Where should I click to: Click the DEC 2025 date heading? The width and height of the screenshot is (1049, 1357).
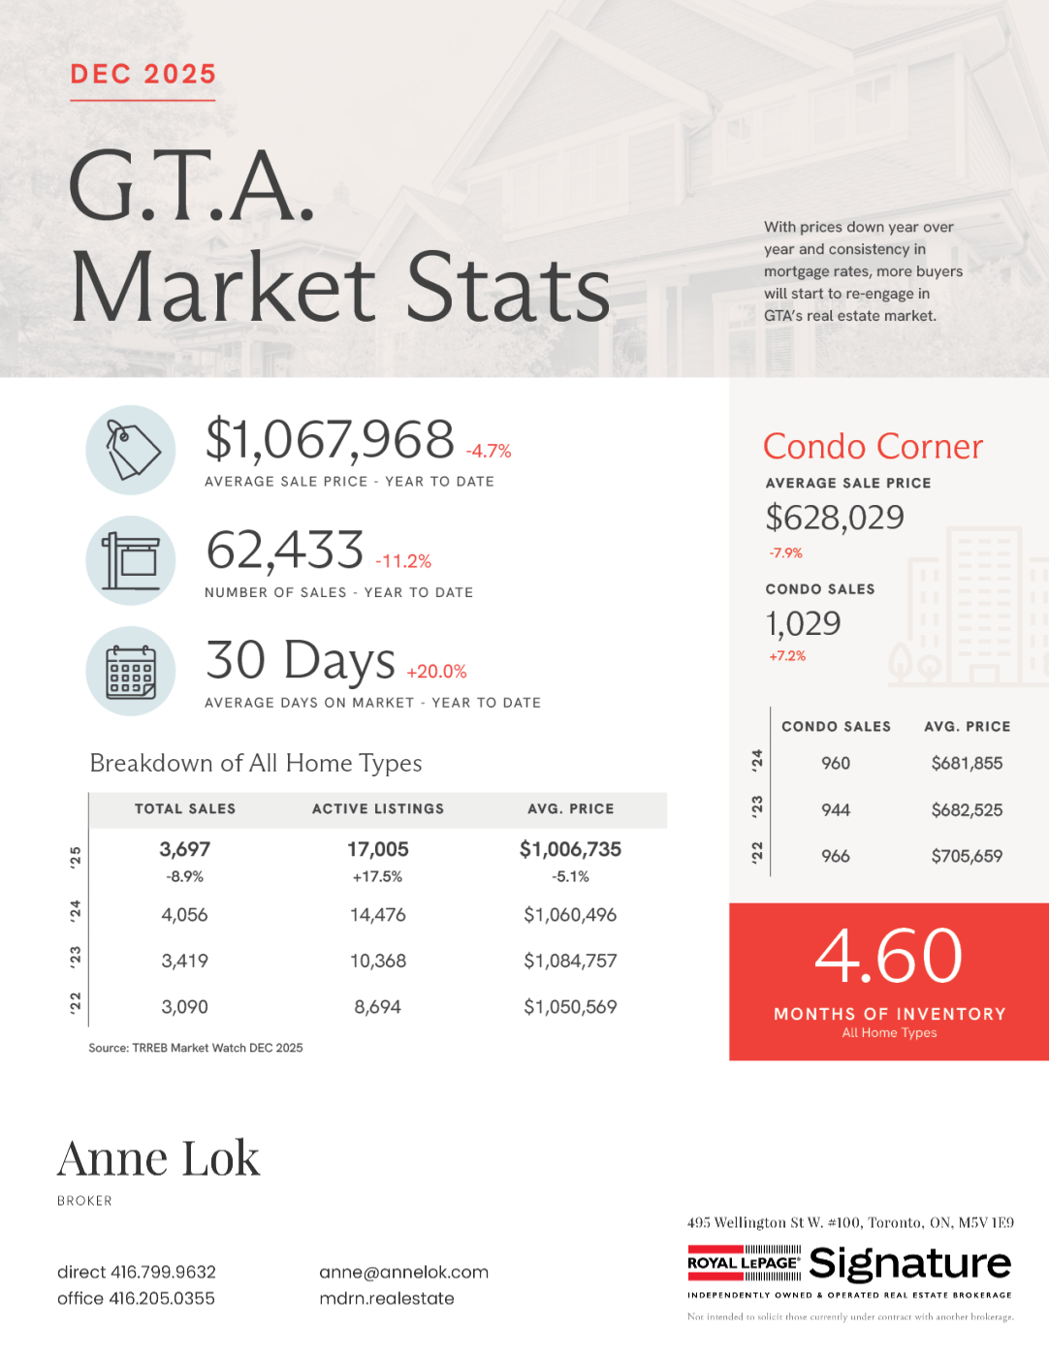(143, 75)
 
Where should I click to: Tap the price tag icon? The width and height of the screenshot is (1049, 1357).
(131, 450)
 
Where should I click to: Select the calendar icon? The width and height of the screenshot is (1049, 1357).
(131, 671)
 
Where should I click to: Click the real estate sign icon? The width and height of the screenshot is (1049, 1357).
(131, 560)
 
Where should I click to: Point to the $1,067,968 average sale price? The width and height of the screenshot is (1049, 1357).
(330, 440)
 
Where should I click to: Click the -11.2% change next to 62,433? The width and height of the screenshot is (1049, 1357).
(403, 561)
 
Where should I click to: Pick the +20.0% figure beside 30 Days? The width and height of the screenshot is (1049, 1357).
(436, 672)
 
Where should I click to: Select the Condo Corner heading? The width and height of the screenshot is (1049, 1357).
(873, 447)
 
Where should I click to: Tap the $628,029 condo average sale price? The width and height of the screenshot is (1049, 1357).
(835, 518)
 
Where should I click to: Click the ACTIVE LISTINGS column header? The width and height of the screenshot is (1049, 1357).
(378, 808)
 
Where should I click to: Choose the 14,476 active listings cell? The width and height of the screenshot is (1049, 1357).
(378, 915)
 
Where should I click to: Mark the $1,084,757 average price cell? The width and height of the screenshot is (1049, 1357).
(570, 962)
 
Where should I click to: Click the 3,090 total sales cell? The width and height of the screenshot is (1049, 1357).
(184, 1007)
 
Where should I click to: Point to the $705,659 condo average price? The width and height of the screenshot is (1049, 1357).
(967, 856)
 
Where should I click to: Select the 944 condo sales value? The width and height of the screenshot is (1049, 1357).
(836, 809)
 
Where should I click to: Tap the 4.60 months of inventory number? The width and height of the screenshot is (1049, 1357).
(889, 957)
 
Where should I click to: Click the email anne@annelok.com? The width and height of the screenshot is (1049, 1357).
(403, 1272)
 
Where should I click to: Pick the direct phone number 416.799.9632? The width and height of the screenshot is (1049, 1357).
(137, 1272)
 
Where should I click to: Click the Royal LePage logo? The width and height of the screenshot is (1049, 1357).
(745, 1263)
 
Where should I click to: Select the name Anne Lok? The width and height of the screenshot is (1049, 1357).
(159, 1158)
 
